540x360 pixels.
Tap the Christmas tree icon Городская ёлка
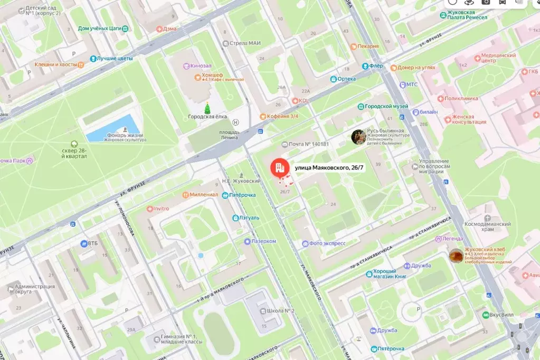(x=207, y=108)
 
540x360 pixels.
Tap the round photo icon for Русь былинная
(x=358, y=137)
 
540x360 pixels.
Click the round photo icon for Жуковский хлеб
(x=456, y=256)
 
